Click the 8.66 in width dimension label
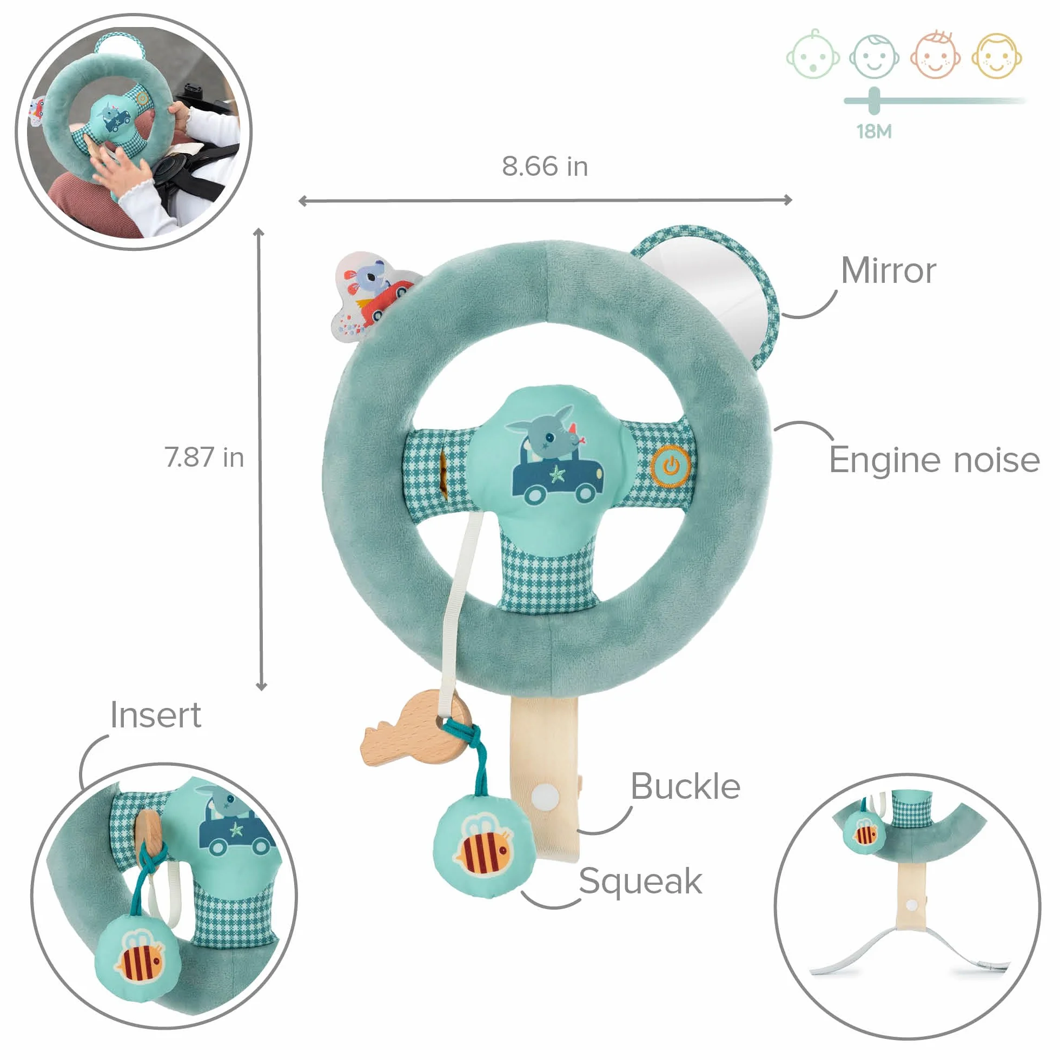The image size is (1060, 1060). (x=544, y=166)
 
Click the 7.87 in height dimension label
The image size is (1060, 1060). (x=204, y=457)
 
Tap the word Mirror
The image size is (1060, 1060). (x=888, y=270)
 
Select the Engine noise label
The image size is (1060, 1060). (x=934, y=460)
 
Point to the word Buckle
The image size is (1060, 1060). (x=685, y=786)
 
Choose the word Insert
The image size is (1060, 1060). (x=156, y=715)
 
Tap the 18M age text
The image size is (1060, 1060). (x=874, y=131)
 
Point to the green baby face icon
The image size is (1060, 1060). (x=813, y=55)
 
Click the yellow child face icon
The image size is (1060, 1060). (x=996, y=55)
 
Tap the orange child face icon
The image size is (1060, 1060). (x=936, y=54)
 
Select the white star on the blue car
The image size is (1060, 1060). (x=557, y=473)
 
